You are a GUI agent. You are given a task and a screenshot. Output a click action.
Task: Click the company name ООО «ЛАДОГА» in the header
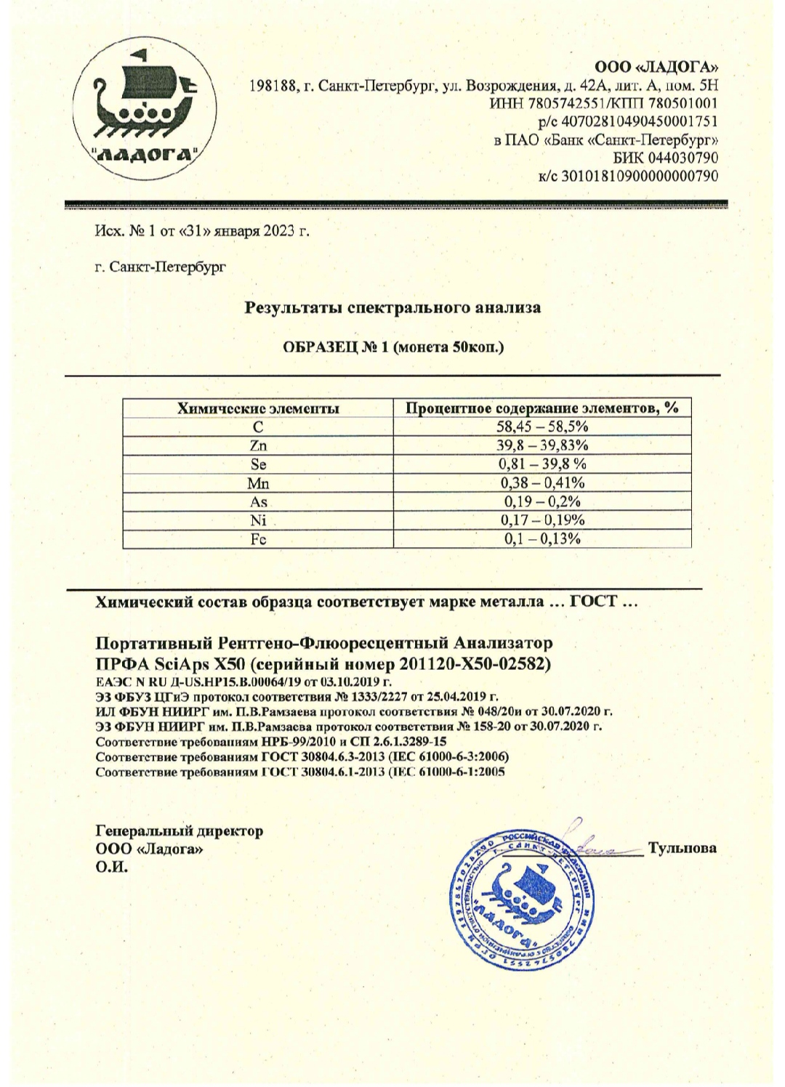pos(657,68)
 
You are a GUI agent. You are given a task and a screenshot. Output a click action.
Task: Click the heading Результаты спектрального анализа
pos(392,307)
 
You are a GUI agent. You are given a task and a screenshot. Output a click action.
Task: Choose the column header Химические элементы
pos(258,408)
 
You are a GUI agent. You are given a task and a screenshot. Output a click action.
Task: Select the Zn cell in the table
pos(258,445)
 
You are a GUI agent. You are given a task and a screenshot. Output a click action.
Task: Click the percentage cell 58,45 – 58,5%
pos(542,427)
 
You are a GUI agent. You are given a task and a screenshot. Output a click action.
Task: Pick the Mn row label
pos(258,482)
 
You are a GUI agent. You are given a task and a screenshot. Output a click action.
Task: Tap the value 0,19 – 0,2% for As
pos(542,501)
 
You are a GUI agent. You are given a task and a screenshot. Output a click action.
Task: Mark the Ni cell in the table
pos(258,520)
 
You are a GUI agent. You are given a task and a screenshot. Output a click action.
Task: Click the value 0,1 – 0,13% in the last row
pos(542,538)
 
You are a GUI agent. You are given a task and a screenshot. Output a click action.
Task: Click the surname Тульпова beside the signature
pos(683,848)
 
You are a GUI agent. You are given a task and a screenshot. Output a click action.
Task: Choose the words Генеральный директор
pos(180,831)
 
